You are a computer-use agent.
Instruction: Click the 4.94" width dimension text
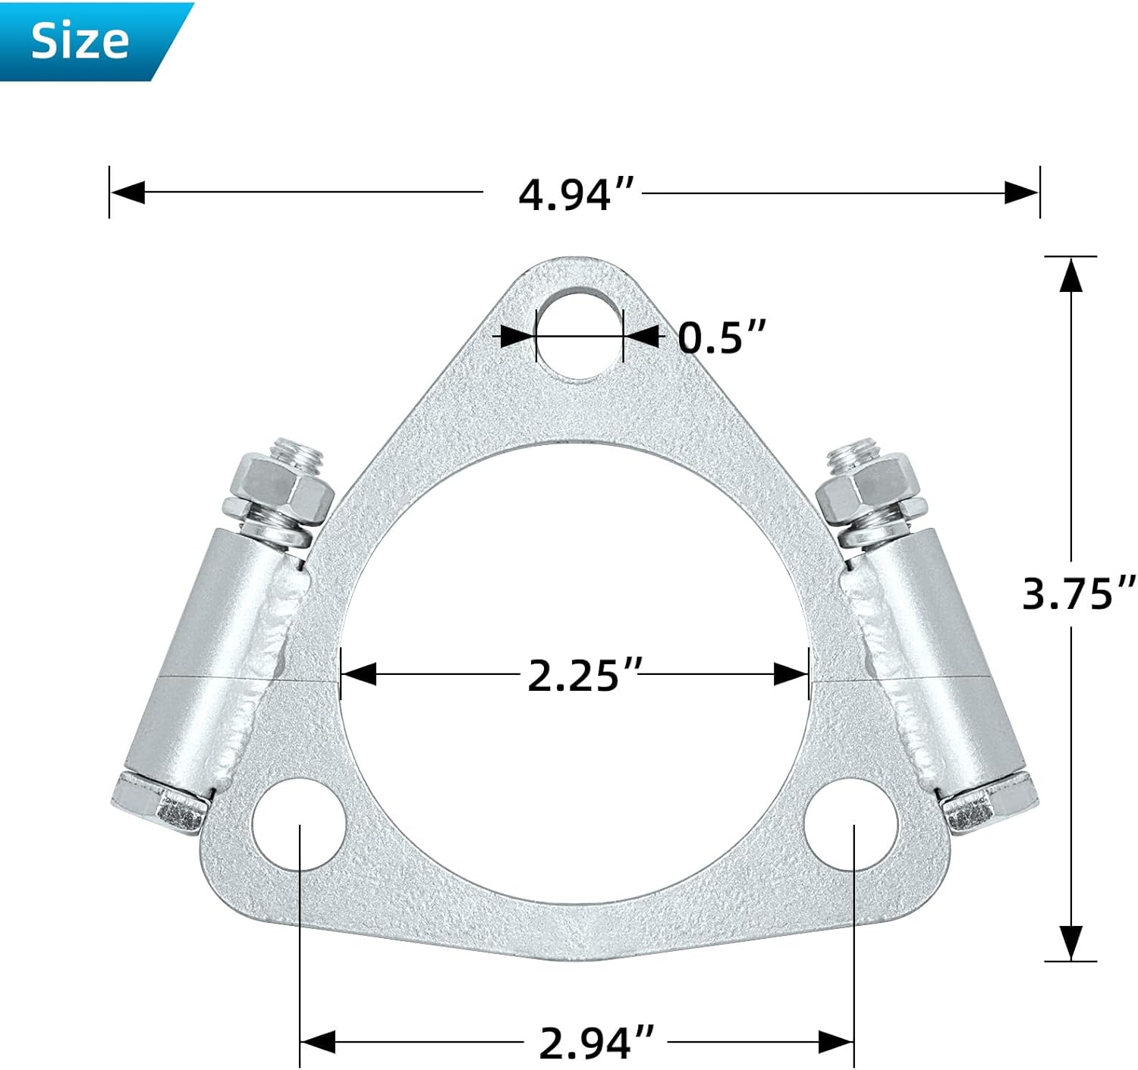pyautogui.click(x=576, y=194)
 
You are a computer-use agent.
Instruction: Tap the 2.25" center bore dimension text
pyautogui.click(x=585, y=675)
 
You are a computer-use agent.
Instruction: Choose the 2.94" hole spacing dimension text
pyautogui.click(x=596, y=1043)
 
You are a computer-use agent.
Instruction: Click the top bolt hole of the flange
pyautogui.click(x=579, y=334)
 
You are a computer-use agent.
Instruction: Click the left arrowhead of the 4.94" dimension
pyautogui.click(x=127, y=193)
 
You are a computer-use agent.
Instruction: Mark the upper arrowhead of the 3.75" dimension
pyautogui.click(x=1070, y=275)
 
